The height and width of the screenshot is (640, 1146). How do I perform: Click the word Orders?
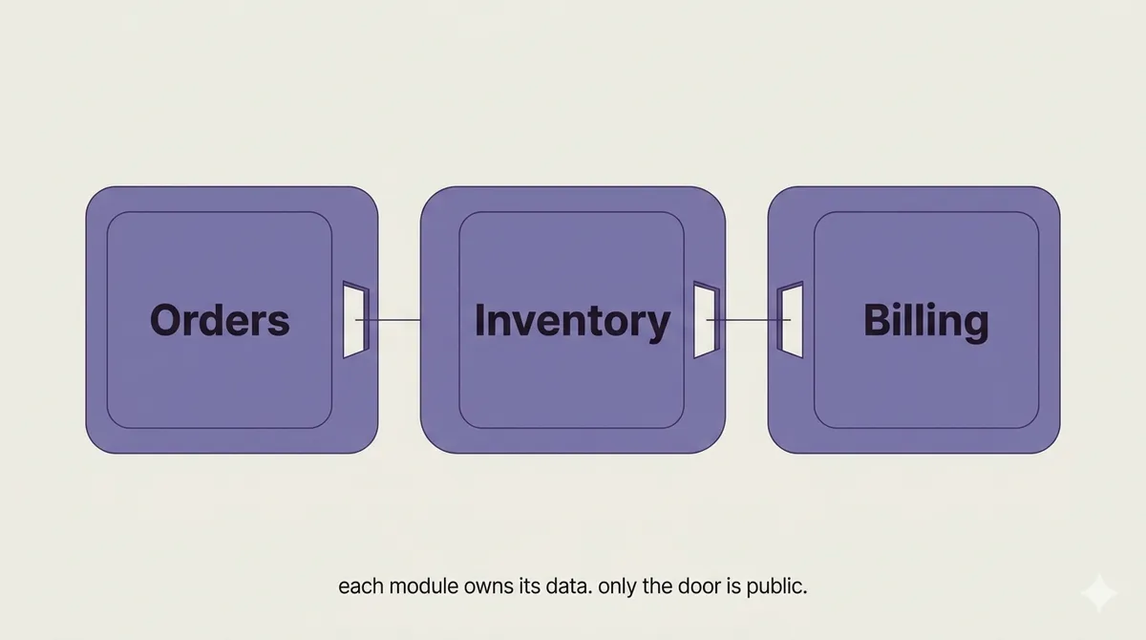220,320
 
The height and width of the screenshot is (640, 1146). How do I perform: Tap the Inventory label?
572,322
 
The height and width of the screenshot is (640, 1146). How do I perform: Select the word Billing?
926,322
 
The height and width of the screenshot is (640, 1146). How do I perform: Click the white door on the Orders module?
355,320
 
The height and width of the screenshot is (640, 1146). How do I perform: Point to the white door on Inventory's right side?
707,320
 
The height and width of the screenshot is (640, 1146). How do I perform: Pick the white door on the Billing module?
791,320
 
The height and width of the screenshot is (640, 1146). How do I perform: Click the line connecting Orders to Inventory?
388,320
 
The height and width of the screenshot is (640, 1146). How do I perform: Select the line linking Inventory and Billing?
749,320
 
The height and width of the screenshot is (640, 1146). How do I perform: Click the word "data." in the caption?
569,587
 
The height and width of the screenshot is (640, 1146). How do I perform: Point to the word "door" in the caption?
699,587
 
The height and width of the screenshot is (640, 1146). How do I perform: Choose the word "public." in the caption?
776,587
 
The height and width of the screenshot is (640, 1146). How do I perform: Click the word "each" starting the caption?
361,587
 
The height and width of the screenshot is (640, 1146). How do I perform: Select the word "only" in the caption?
618,587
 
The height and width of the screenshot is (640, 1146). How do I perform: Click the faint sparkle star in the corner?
1099,592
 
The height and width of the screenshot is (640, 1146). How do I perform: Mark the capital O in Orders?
166,320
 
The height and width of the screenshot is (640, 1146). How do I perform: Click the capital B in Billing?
877,320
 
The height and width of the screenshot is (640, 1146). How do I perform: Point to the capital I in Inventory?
478,320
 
